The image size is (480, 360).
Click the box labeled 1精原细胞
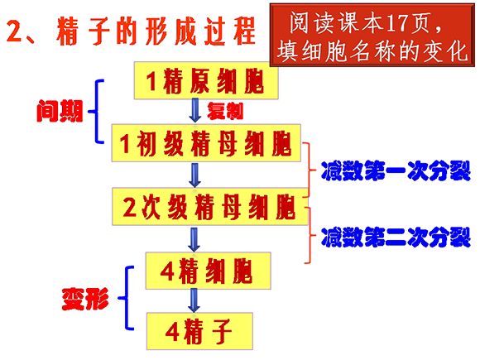(x=206, y=80)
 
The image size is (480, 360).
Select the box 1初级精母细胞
(x=206, y=143)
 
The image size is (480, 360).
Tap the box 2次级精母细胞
(x=210, y=207)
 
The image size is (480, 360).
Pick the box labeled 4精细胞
(x=209, y=271)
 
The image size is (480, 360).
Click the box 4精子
(x=199, y=331)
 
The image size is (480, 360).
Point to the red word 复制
(x=225, y=111)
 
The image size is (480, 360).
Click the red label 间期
(x=60, y=111)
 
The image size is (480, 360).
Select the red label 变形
(x=85, y=299)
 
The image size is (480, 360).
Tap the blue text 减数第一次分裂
(x=396, y=170)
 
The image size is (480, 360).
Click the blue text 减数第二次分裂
(x=396, y=237)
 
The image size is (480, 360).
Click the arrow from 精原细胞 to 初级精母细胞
(x=195, y=111)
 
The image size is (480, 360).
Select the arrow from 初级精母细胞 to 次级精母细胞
(x=194, y=175)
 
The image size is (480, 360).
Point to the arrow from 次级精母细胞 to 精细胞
(x=194, y=240)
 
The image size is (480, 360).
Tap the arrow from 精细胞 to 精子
(x=194, y=300)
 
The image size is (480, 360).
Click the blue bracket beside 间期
(x=97, y=112)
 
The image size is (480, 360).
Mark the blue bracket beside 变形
(x=127, y=298)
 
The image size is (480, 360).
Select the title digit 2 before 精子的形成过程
(x=14, y=31)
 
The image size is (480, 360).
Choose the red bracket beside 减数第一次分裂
(x=310, y=170)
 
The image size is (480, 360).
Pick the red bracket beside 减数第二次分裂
(x=310, y=235)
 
